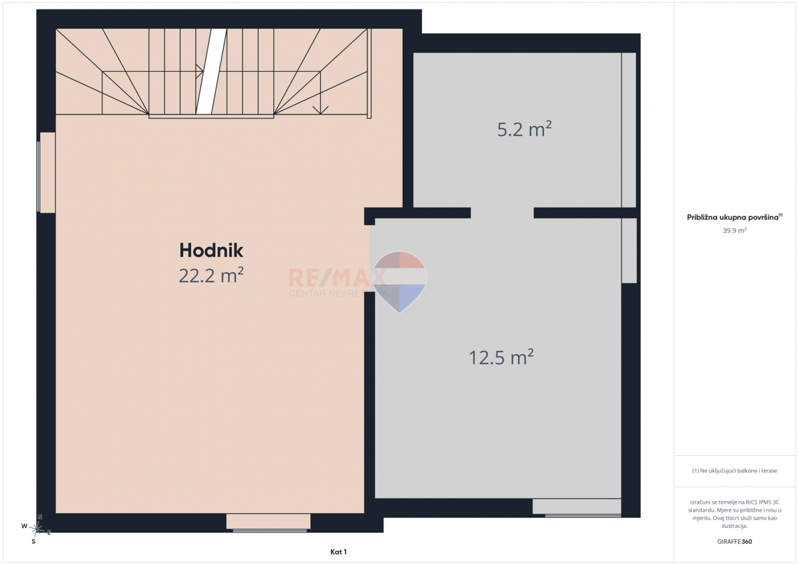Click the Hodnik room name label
(x=211, y=250)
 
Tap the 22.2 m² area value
(x=211, y=276)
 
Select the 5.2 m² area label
(x=525, y=129)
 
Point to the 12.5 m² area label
(x=501, y=357)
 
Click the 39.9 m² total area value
(x=734, y=230)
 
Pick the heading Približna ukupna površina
(x=734, y=217)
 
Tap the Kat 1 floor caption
(x=338, y=552)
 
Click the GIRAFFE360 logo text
(x=734, y=542)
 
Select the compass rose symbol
(x=37, y=529)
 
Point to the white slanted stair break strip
(x=211, y=71)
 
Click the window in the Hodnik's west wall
(x=47, y=172)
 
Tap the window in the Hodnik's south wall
(x=268, y=522)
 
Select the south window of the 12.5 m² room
(x=577, y=507)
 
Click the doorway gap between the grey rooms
(x=502, y=213)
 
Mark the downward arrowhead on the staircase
(x=320, y=110)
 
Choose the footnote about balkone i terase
(x=734, y=471)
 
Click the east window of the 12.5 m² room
(x=630, y=251)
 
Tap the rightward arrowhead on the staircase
(x=200, y=71)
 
